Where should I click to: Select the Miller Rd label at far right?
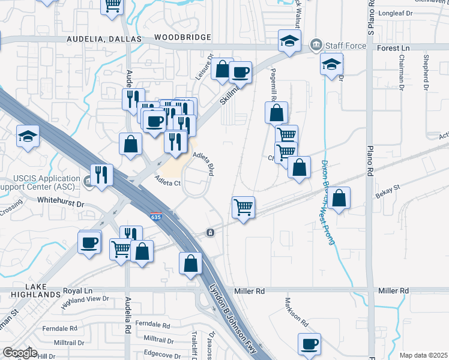click(393, 290)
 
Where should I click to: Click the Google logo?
click(20, 353)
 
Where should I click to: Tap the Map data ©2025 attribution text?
click(423, 355)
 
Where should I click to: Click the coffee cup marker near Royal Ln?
click(89, 243)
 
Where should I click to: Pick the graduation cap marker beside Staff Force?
click(289, 42)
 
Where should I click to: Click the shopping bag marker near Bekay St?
click(339, 198)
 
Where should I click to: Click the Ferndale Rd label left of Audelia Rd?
click(60, 328)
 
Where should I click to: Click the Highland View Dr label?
click(85, 301)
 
